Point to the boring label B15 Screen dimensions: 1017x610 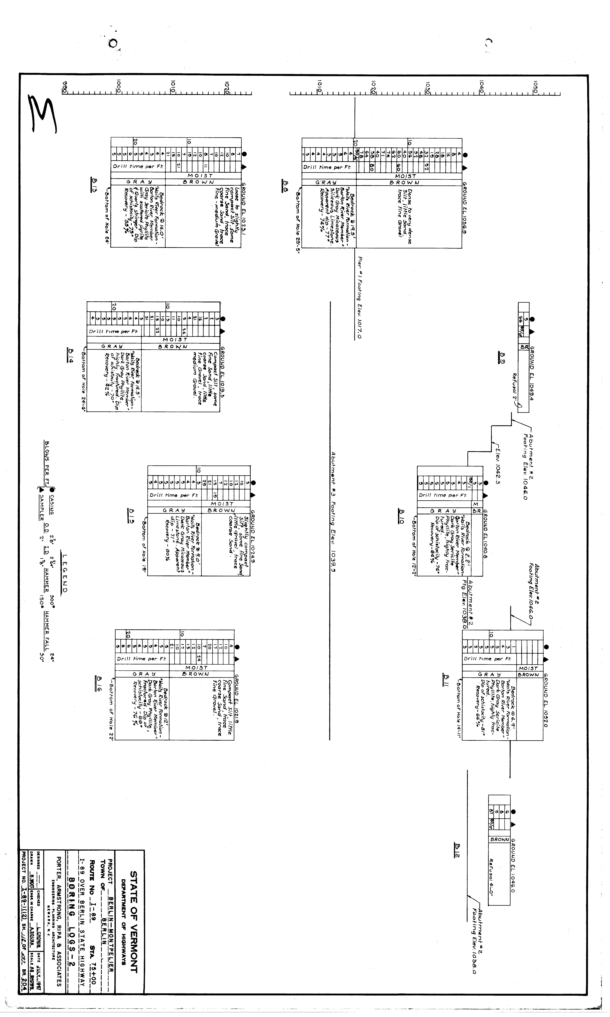tap(131, 514)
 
